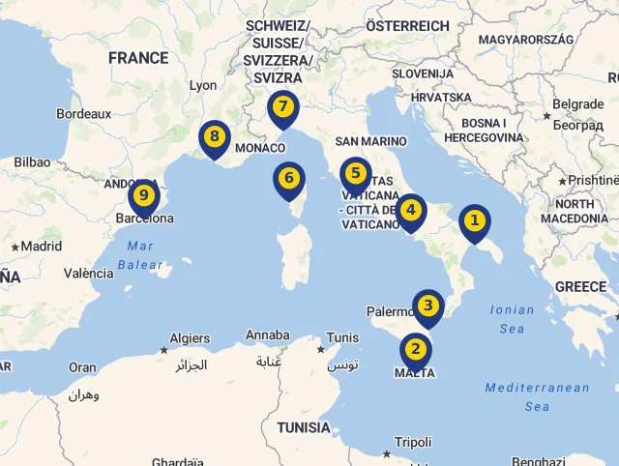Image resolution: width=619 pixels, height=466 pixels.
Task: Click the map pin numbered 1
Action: (474, 221)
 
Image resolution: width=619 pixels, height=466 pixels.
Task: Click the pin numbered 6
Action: (288, 179)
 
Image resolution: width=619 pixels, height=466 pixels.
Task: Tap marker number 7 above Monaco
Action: (282, 107)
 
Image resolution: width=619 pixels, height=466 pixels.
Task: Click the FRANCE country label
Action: (138, 58)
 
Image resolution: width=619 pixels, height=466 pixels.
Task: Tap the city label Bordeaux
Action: (84, 113)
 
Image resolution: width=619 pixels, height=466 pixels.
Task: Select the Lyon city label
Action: (203, 85)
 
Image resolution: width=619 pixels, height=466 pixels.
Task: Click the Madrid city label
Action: (42, 246)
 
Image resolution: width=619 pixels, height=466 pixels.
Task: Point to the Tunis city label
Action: (343, 337)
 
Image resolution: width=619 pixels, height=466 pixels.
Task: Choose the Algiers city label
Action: (190, 338)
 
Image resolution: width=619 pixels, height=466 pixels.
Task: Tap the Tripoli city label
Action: (413, 442)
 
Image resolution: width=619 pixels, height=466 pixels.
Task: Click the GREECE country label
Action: (580, 287)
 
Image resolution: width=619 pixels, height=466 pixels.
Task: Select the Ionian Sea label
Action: (512, 319)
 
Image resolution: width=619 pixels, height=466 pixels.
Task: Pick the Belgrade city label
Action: (577, 104)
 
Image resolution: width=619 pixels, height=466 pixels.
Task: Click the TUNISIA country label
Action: (304, 427)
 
